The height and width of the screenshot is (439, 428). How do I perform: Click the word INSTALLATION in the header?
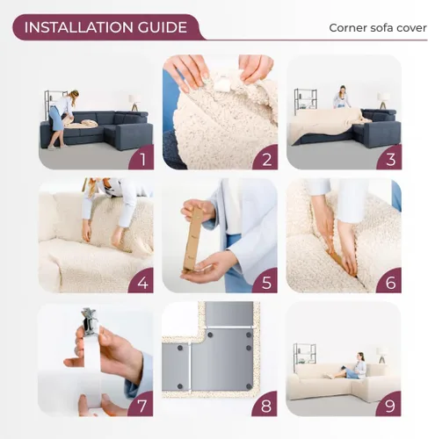click(75, 27)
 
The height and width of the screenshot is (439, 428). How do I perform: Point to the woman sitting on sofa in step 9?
click(359, 366)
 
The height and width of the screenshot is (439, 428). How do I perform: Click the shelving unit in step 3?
click(305, 101)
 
